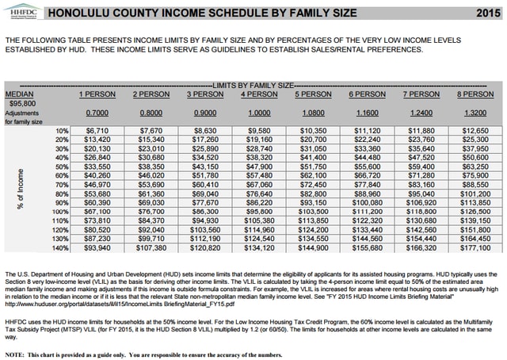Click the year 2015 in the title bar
486,13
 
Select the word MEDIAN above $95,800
19,94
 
